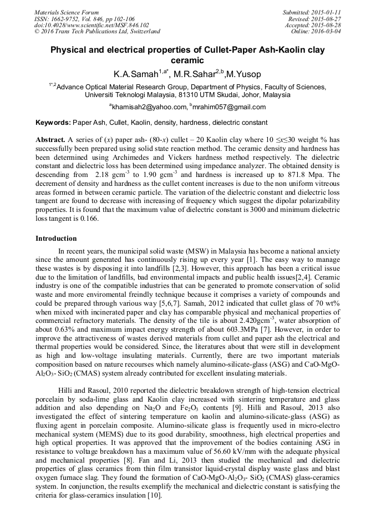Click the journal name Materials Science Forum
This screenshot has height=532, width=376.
click(66, 12)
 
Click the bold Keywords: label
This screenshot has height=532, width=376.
click(53, 122)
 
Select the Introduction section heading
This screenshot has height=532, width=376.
click(56, 239)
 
